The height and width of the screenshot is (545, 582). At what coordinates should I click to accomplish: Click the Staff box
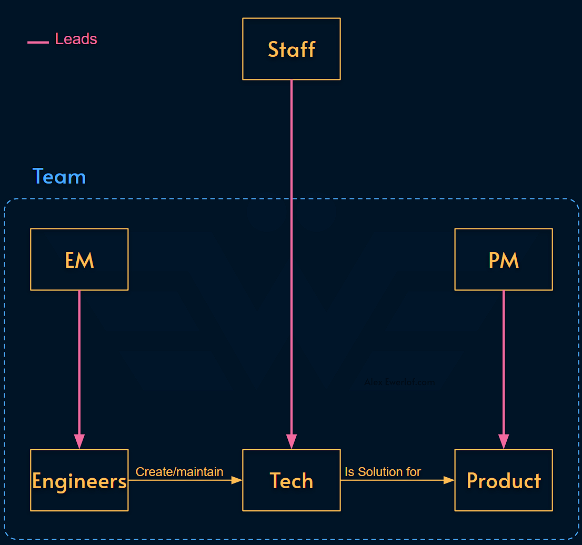(291, 49)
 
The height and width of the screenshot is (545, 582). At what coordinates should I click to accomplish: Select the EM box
(79, 259)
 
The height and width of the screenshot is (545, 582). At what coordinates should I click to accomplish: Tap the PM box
(503, 259)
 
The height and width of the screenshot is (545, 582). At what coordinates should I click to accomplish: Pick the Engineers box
(79, 480)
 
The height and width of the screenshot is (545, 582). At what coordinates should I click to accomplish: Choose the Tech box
(291, 480)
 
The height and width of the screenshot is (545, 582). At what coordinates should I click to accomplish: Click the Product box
(503, 480)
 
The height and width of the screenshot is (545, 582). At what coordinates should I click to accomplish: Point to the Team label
(59, 177)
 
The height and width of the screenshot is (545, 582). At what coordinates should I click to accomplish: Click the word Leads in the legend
(76, 39)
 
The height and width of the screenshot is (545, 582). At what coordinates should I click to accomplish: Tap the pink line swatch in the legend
(38, 42)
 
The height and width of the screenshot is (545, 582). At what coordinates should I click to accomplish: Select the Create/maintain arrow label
(179, 472)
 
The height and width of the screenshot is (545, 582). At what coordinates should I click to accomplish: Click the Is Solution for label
(383, 472)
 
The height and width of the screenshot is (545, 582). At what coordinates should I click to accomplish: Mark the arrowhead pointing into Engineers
(79, 441)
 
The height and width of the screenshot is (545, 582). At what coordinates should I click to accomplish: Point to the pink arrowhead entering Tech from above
(291, 441)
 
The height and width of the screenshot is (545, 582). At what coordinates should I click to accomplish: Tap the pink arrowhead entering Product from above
(504, 441)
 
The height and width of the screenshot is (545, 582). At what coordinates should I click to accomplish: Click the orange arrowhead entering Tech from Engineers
(237, 480)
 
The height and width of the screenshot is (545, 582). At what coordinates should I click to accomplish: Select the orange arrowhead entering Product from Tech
(449, 480)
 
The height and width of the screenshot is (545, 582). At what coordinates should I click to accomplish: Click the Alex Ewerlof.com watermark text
(399, 382)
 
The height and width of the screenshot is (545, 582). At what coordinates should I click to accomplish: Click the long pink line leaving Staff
(291, 237)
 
